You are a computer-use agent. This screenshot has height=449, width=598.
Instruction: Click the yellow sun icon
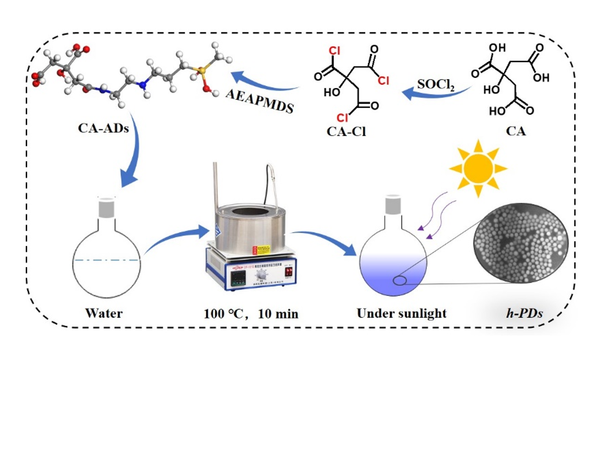(x=478, y=168)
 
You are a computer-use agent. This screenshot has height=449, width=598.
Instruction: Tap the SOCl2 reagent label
(x=436, y=85)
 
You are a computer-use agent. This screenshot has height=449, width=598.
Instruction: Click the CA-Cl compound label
(x=346, y=131)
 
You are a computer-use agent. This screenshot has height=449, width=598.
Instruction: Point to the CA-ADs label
(x=103, y=128)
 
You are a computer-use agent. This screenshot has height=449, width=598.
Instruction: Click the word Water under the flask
(x=104, y=313)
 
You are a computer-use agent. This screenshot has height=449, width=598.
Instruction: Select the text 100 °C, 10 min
(x=251, y=313)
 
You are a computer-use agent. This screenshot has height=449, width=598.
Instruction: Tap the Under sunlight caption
(x=402, y=313)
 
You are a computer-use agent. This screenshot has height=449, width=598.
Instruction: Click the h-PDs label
(x=524, y=313)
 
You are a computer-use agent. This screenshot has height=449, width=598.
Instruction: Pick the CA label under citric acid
(x=516, y=131)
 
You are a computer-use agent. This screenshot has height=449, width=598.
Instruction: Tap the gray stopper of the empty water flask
(x=106, y=208)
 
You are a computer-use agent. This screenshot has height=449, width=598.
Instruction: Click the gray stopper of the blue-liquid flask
(x=393, y=205)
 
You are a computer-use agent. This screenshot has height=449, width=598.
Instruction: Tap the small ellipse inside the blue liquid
(x=400, y=281)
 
